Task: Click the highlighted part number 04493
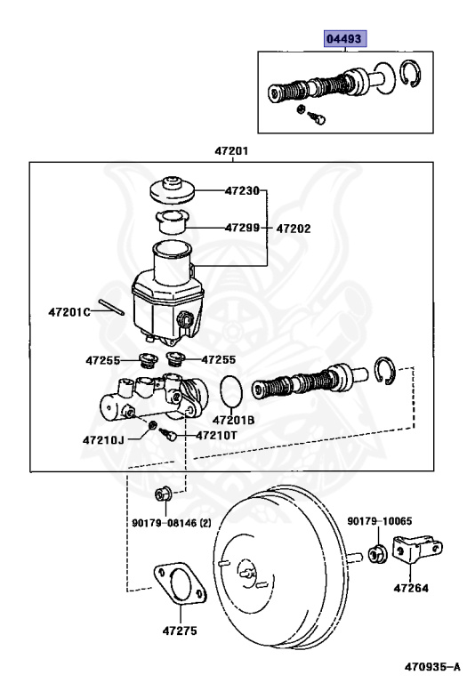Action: [x=344, y=39]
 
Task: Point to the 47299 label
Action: [x=242, y=228]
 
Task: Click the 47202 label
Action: [x=294, y=228]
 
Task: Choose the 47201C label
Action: [x=69, y=312]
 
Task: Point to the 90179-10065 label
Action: [x=380, y=521]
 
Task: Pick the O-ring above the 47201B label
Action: [x=230, y=390]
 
